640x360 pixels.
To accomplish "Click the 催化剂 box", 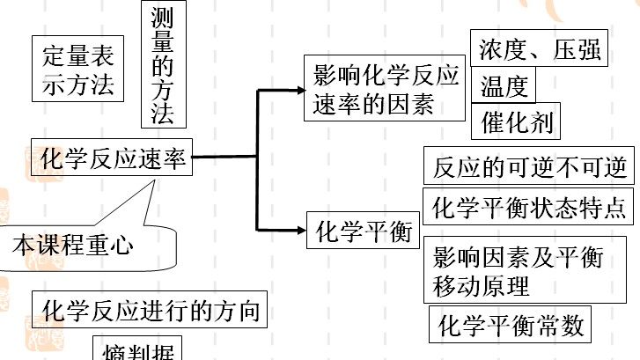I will tap(517, 122).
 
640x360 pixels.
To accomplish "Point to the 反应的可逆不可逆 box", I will tap(529, 166).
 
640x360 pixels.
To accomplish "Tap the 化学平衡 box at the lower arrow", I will tap(364, 232).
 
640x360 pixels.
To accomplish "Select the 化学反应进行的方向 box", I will tap(151, 310).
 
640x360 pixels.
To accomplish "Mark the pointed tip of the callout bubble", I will tap(155, 180).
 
